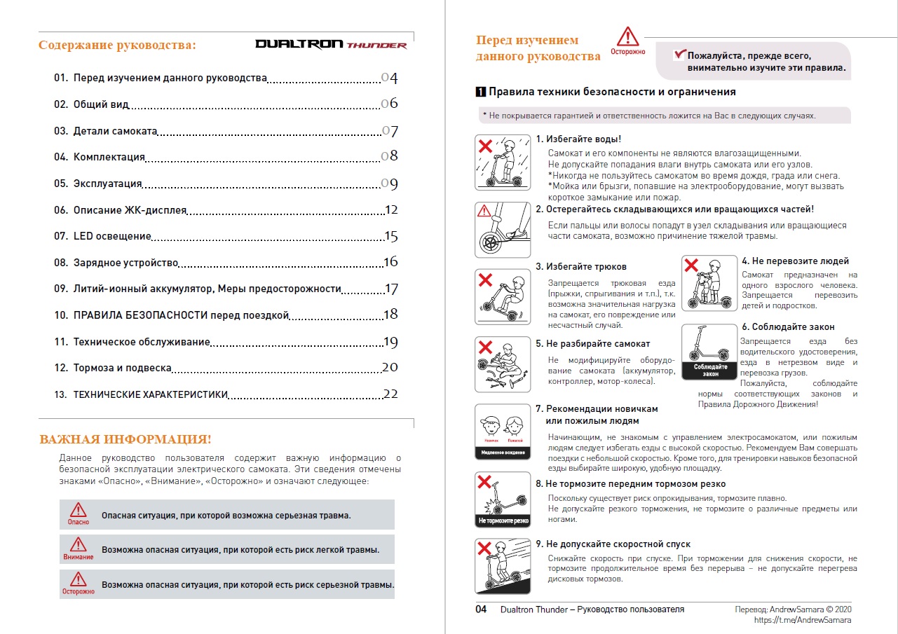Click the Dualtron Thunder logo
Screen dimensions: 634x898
[331, 44]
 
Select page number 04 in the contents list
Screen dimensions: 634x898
[390, 78]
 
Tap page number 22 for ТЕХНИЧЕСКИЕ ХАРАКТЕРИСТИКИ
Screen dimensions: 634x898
[390, 394]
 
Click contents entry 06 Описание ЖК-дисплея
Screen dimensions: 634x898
[130, 210]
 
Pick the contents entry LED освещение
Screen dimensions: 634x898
[112, 236]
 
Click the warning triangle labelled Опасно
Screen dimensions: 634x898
[79, 511]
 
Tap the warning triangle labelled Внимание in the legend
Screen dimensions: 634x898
[78, 545]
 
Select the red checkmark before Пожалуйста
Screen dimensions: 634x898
[678, 55]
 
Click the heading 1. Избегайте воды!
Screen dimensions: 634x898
[578, 139]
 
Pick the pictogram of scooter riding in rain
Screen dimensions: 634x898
[503, 162]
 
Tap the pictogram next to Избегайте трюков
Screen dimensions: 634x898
[503, 296]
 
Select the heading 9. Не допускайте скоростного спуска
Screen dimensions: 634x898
[613, 544]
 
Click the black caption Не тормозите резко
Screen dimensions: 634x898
[503, 521]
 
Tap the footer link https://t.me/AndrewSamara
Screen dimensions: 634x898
[803, 620]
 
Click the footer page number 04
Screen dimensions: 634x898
[481, 609]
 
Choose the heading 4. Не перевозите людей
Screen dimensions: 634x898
[795, 261]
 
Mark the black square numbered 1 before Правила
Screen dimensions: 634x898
[480, 92]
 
